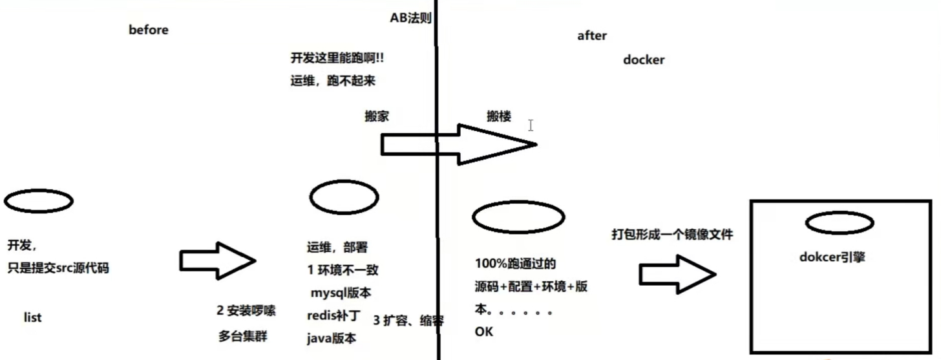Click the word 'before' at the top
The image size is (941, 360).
click(149, 30)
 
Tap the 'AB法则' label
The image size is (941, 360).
click(410, 18)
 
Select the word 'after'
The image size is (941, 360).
click(592, 36)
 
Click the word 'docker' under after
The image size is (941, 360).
click(644, 60)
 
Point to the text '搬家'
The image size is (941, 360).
click(377, 117)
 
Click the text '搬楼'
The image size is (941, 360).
click(499, 117)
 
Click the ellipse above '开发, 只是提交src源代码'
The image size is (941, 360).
click(38, 201)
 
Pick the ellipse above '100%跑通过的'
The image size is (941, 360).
click(518, 217)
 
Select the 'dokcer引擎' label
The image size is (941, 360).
click(832, 257)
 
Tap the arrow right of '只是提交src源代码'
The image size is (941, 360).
click(217, 260)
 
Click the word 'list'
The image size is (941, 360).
click(32, 317)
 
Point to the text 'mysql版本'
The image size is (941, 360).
click(341, 293)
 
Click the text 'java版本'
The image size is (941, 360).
click(332, 339)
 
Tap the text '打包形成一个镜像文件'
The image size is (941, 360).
click(672, 235)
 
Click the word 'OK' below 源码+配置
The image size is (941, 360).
click(483, 332)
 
